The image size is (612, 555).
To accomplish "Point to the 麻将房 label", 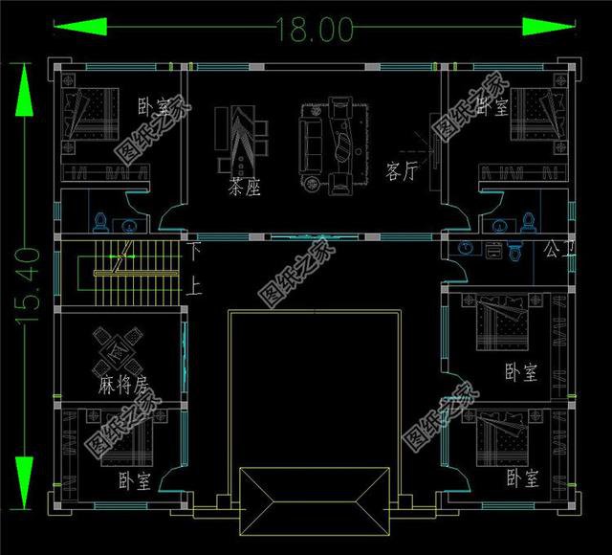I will (x=122, y=386).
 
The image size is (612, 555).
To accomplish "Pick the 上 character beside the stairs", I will (x=195, y=284).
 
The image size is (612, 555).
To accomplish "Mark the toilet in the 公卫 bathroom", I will (x=514, y=253).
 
